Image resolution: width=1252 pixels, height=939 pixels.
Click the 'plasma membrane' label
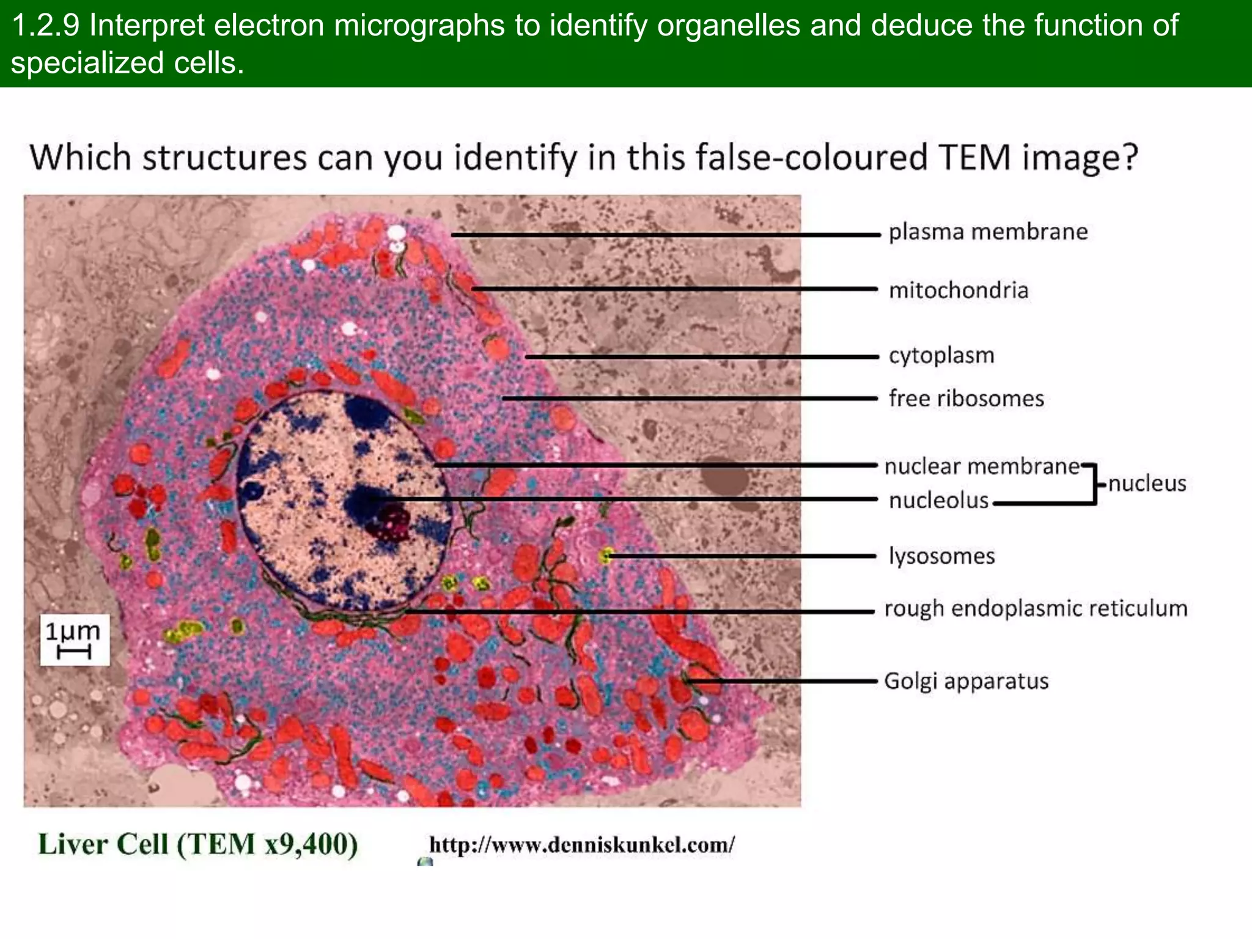click(988, 232)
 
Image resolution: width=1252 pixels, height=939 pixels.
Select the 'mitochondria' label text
click(959, 290)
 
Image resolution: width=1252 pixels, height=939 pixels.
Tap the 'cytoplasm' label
click(941, 355)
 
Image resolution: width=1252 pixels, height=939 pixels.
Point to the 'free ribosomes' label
click(966, 399)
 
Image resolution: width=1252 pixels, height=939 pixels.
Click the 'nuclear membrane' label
click(982, 466)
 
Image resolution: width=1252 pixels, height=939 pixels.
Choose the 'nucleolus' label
click(938, 501)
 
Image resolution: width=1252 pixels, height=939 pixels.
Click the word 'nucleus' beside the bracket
click(1147, 484)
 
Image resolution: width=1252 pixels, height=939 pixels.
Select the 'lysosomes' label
click(941, 556)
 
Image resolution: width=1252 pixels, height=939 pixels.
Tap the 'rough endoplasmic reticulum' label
click(1036, 608)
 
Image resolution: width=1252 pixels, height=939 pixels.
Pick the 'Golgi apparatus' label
click(966, 681)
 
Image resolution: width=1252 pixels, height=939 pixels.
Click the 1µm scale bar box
click(75, 639)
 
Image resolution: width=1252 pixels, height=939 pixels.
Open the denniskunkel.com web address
click(581, 845)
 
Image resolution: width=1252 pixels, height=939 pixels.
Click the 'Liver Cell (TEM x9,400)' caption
click(198, 844)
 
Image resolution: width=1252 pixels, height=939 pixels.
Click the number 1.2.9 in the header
click(46, 26)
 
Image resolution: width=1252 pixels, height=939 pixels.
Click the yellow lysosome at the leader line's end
click(606, 555)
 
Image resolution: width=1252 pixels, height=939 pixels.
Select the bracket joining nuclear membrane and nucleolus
click(1094, 484)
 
